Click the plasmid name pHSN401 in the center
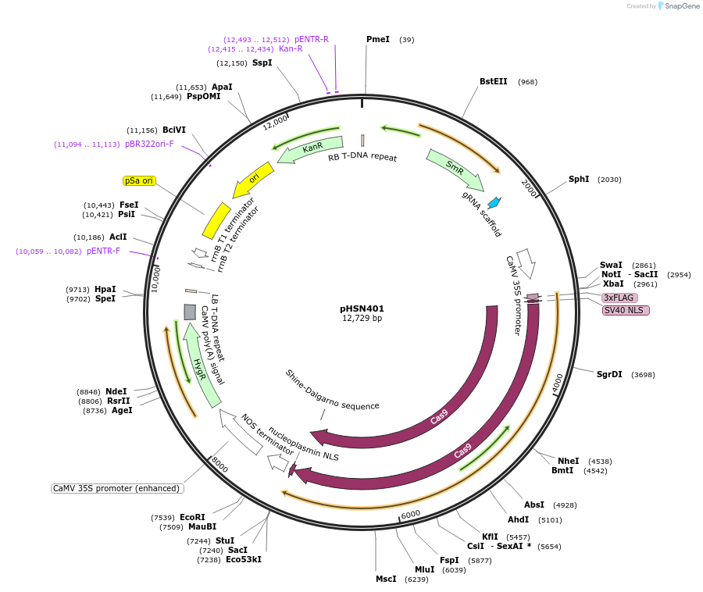pos(362,308)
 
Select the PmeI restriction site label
pos(377,39)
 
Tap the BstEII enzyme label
pos(493,81)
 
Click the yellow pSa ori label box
pos(140,180)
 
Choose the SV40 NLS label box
pos(625,310)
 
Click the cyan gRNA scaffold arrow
pos(494,203)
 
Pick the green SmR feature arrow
pos(455,169)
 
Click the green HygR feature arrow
pos(201,365)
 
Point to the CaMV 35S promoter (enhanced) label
pos(116,488)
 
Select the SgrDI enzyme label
pos(609,374)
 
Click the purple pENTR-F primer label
pos(103,251)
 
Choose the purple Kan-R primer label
pos(291,48)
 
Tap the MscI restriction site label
pos(386,579)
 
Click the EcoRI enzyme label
pos(192,517)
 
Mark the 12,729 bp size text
pos(362,319)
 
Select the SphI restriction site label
pos(579,179)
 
